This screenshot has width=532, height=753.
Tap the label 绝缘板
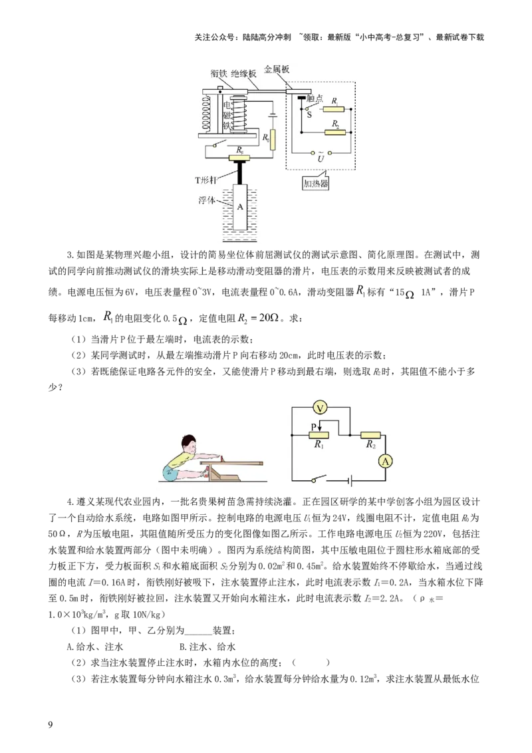click(x=243, y=75)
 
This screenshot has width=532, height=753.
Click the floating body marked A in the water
click(x=241, y=207)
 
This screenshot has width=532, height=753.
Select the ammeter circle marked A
click(x=384, y=460)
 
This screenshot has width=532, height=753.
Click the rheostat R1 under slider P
click(x=319, y=434)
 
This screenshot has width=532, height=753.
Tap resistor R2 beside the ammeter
click(x=370, y=434)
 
